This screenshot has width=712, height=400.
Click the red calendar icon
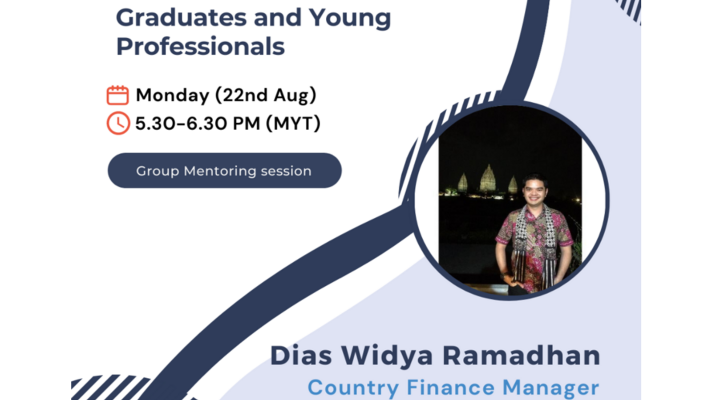117,95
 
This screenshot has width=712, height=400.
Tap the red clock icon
118,123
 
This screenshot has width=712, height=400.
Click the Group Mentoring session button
224,171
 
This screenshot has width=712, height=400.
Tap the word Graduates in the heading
181,18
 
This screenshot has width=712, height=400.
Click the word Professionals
200,46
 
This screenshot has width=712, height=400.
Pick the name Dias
301,355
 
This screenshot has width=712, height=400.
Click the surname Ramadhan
521,355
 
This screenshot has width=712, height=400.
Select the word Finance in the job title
451,387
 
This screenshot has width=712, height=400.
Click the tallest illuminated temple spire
488,178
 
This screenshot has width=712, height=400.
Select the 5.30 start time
155,124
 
